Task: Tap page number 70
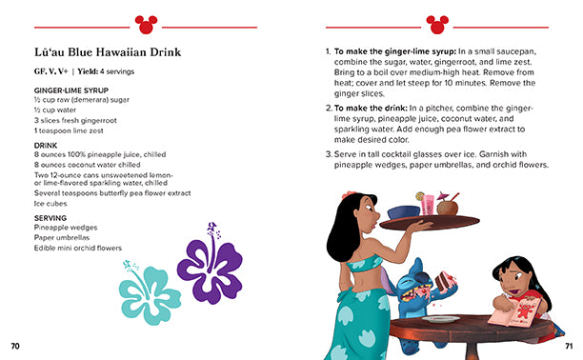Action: pos(14,345)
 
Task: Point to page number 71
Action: pos(569,345)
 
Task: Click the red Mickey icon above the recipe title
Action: pos(145,21)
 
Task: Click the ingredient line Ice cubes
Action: pos(52,203)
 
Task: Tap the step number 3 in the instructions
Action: pos(328,153)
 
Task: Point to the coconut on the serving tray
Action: pos(448,205)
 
